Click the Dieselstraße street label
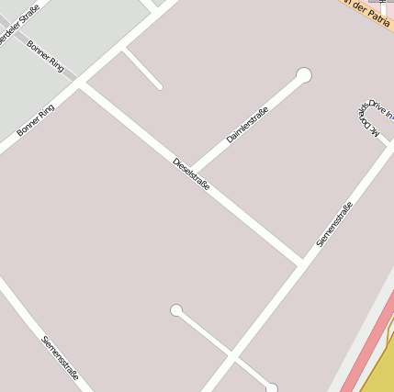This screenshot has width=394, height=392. tap(191, 174)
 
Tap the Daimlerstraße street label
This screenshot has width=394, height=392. tap(247, 125)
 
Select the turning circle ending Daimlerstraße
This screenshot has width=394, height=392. tap(304, 75)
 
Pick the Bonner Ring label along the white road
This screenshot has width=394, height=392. tap(36, 120)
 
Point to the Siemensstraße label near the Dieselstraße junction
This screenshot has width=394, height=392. tap(334, 224)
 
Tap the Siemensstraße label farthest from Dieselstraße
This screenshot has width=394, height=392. tap(60, 358)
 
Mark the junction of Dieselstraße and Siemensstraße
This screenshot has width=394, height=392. tap(300, 263)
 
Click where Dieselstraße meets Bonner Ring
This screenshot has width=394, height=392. tap(81, 85)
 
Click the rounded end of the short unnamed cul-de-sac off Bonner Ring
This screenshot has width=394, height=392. tap(160, 87)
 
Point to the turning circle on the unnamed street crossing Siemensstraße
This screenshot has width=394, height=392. tap(176, 310)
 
